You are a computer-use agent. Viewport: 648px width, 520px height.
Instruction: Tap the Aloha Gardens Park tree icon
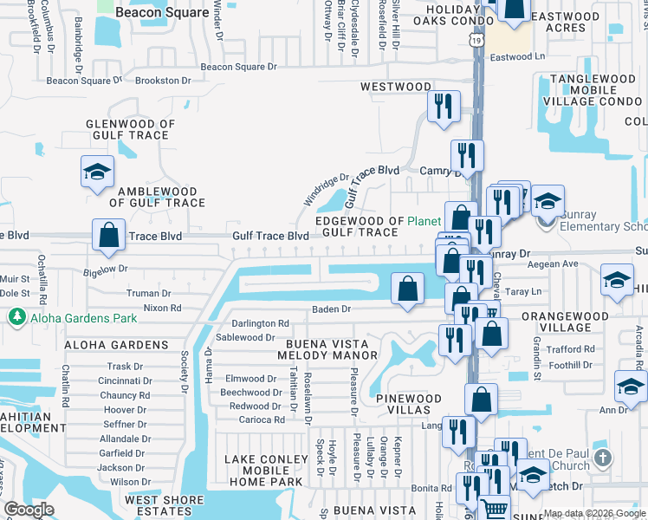click(x=16, y=318)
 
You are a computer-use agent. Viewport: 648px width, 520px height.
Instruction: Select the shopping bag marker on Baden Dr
click(x=407, y=289)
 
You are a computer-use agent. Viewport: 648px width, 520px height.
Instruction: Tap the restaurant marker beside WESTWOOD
click(x=444, y=107)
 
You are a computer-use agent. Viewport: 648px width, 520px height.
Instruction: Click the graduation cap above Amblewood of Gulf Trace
click(x=98, y=172)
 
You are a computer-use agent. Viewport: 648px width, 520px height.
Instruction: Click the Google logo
click(x=29, y=510)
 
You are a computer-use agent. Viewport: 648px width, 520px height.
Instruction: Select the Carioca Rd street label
click(x=262, y=420)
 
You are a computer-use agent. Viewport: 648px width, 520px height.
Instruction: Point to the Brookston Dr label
click(x=163, y=81)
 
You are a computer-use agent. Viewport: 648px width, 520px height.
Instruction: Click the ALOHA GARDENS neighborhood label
click(x=115, y=345)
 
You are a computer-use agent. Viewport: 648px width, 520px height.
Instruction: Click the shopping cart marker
click(x=493, y=510)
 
